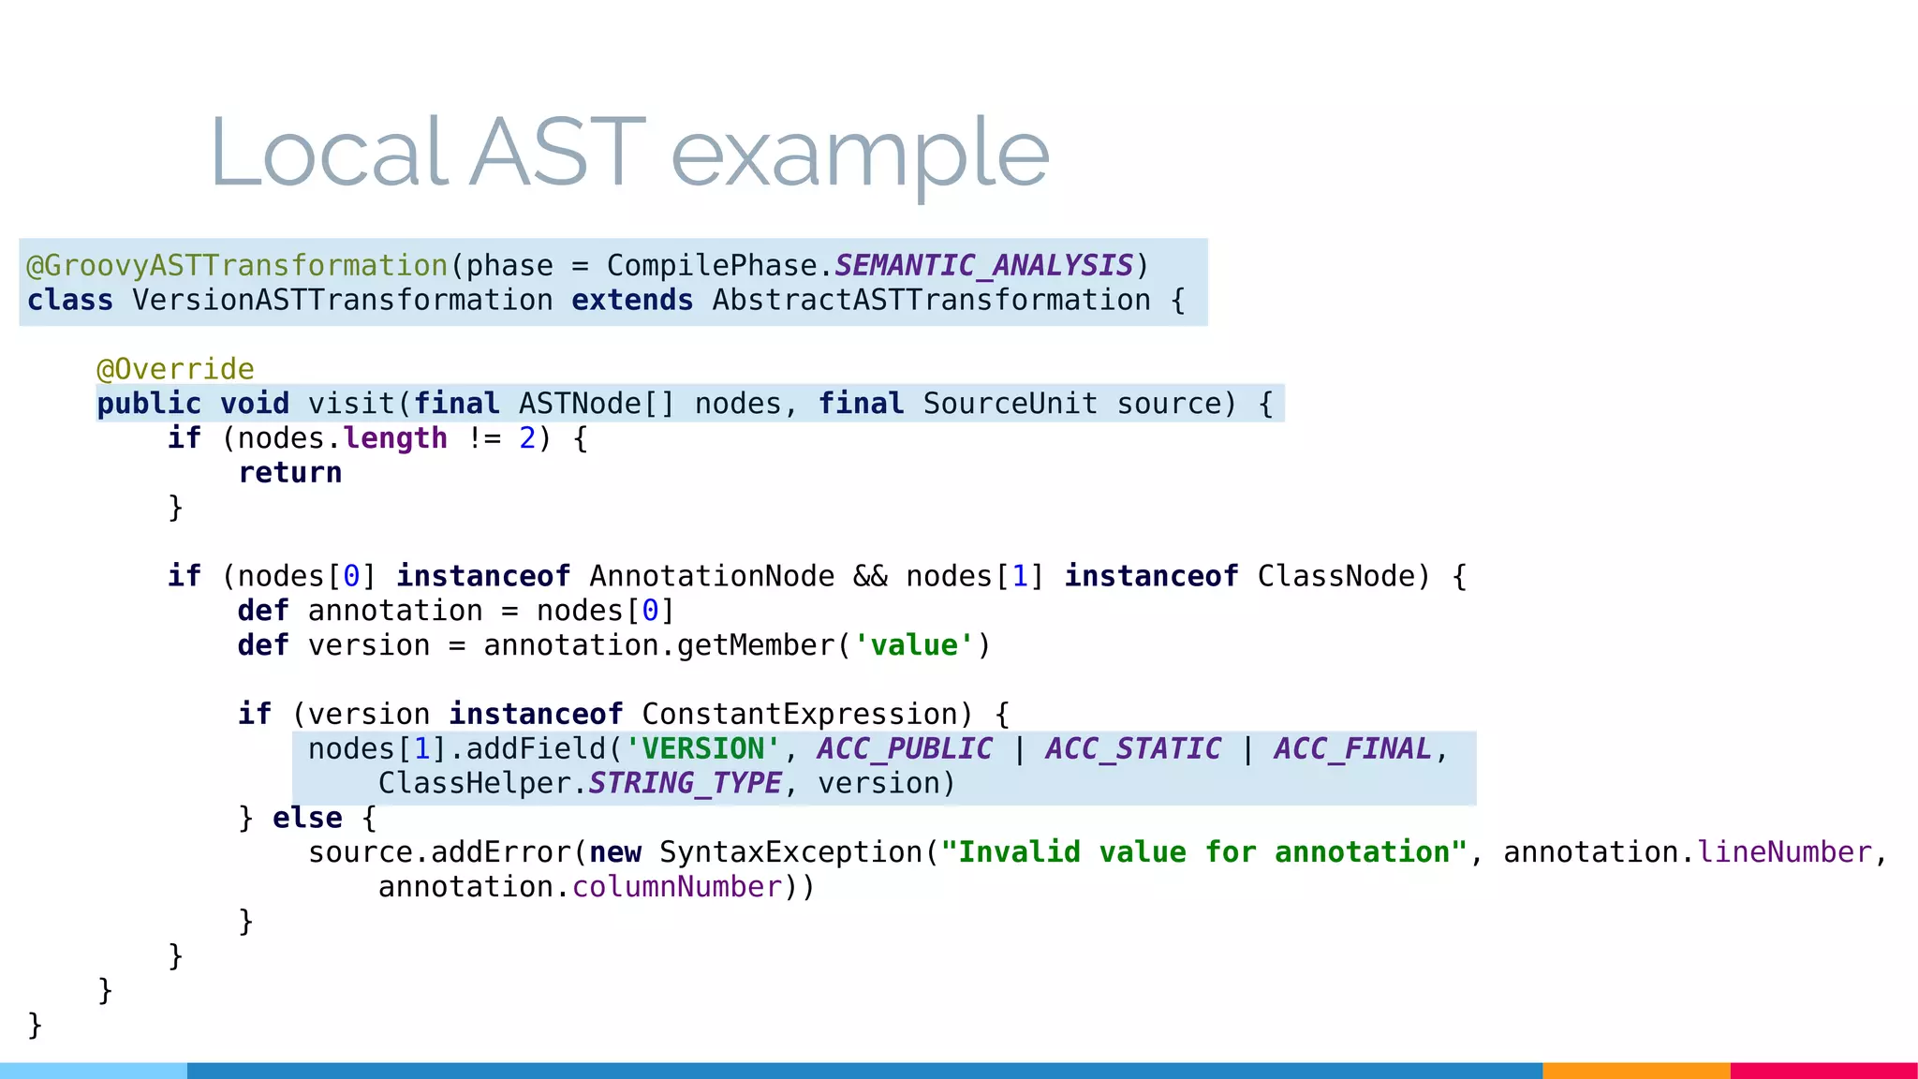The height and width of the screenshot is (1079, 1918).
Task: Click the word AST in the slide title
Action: pyautogui.click(x=557, y=153)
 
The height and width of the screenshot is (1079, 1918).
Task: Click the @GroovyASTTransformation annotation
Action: pyautogui.click(x=237, y=266)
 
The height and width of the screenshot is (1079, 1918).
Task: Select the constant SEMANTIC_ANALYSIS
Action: pyautogui.click(x=983, y=266)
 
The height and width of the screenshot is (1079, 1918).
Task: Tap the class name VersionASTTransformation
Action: pyautogui.click(x=343, y=301)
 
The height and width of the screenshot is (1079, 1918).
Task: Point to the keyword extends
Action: pyautogui.click(x=632, y=301)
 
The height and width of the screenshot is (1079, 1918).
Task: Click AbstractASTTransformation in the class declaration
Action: pyautogui.click(x=931, y=301)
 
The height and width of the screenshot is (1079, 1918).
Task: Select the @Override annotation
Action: pyautogui.click(x=176, y=369)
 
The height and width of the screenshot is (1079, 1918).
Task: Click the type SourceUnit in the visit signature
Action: pyautogui.click(x=1010, y=404)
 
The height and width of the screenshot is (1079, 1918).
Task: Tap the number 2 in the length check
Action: pyautogui.click(x=527, y=438)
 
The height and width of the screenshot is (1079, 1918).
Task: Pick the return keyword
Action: pyautogui.click(x=290, y=473)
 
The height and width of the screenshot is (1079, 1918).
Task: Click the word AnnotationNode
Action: pyautogui.click(x=712, y=576)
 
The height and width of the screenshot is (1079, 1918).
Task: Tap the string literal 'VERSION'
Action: pyautogui.click(x=702, y=749)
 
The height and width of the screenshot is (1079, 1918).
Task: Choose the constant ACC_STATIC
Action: pyautogui.click(x=1133, y=749)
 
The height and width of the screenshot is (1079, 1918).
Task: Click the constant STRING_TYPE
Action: pyautogui.click(x=685, y=784)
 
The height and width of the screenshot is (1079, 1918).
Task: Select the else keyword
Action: pyautogui.click(x=307, y=819)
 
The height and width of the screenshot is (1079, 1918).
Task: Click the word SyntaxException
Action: pyautogui.click(x=791, y=853)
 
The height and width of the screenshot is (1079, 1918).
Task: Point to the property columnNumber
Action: pyautogui.click(x=677, y=887)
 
